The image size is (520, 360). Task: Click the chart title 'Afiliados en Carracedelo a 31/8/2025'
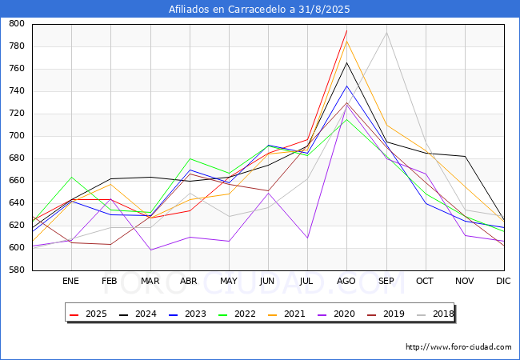pos(259,9)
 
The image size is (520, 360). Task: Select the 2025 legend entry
pos(88,314)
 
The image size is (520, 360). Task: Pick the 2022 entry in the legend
pos(237,314)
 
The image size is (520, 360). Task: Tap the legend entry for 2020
pos(336,314)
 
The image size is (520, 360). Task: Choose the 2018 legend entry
pos(435,314)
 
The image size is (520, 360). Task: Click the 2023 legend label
pos(195,314)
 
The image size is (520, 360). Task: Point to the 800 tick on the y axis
pos(17,23)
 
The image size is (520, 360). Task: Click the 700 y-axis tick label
pos(17,135)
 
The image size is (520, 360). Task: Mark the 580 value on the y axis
pos(17,270)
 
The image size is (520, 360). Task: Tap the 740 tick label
pos(17,91)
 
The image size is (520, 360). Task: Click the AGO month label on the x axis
pos(346,281)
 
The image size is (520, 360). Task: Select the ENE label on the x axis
pos(70,281)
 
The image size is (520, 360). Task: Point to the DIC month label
pos(503,281)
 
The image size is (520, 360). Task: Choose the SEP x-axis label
pos(386,281)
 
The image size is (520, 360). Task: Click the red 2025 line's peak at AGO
pos(347,30)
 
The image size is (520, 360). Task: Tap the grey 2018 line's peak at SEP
pos(386,33)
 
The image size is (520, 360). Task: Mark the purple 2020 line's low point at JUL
pos(307,238)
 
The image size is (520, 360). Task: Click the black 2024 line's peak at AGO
pos(347,62)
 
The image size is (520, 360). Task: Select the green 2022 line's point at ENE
pos(71,177)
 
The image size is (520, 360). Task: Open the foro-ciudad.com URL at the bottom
pos(458,347)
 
